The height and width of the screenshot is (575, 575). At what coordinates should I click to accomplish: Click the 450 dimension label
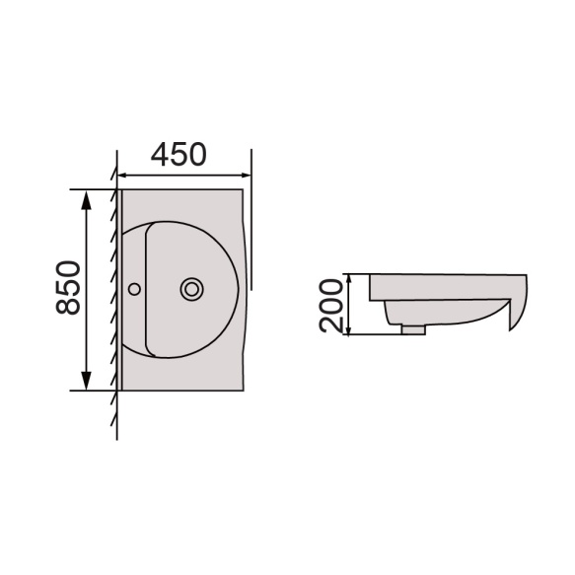(x=179, y=154)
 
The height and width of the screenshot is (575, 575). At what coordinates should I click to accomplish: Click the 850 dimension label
(x=68, y=288)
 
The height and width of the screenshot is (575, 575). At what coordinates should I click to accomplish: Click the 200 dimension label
(x=330, y=306)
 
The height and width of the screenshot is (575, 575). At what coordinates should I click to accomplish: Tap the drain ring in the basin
(x=191, y=289)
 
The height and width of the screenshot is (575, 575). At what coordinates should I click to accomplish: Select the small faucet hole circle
(x=134, y=289)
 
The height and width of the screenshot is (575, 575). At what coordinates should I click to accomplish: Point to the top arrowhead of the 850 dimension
(x=86, y=200)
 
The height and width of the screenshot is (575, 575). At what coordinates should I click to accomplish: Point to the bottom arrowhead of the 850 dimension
(x=86, y=381)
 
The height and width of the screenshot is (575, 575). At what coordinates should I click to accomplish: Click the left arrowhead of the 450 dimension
(x=122, y=176)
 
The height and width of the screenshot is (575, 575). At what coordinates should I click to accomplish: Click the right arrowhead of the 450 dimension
(x=246, y=176)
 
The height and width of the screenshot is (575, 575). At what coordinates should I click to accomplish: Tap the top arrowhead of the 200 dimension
(x=349, y=278)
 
